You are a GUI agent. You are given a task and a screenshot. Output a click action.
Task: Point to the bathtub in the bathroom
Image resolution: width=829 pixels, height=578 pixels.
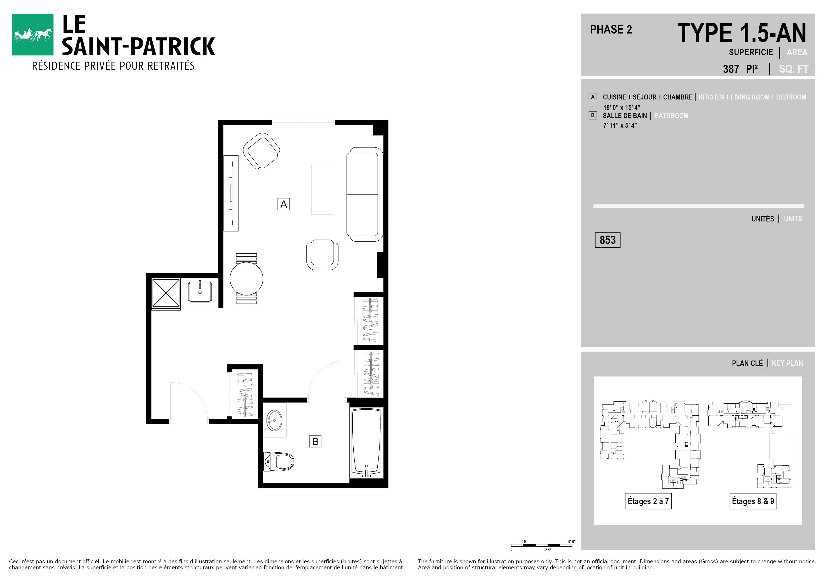pos(366,443)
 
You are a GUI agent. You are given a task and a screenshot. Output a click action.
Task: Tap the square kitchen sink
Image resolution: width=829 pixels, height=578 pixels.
pos(200,292)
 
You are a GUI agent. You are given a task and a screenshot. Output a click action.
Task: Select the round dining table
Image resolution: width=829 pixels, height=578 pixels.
pos(246,278)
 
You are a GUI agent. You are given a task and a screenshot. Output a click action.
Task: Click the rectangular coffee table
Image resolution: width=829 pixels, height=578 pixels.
pos(322,190)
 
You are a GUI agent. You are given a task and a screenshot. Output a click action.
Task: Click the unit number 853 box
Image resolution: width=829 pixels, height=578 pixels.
pos(608,240)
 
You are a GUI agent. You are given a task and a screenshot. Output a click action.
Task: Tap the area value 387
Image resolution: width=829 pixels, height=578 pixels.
pos(731,69)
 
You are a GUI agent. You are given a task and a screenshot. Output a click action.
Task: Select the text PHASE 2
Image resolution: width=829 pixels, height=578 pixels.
pos(611,30)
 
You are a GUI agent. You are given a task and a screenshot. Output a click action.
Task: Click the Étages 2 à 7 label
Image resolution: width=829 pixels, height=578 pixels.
pos(648,501)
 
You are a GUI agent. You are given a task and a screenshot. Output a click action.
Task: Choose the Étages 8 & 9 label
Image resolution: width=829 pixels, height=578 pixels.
pos(753,501)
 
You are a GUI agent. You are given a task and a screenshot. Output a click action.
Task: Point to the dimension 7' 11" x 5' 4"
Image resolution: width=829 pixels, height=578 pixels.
pos(620,125)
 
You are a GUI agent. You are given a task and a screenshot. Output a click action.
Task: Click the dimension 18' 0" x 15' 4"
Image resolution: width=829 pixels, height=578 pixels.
pos(621,108)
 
